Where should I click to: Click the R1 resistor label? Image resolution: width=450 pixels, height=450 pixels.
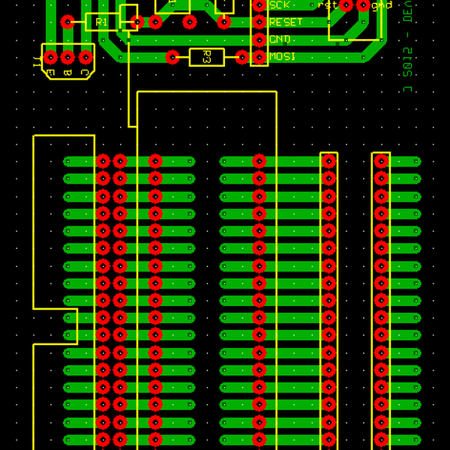pos(102,22)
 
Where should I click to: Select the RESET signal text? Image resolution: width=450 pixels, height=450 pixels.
pos(286,22)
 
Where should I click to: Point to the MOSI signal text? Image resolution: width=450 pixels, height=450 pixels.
pos(283,56)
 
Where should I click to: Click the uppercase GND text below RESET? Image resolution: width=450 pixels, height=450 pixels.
pos(280,39)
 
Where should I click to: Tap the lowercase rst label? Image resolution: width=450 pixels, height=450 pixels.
pos(328,4)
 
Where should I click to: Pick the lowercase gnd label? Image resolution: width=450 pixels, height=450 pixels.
pos(382,4)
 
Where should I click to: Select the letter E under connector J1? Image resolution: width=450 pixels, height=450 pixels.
pos(50,73)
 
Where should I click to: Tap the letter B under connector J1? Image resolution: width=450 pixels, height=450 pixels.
pos(67,73)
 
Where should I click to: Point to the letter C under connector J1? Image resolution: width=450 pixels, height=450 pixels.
pos(85,73)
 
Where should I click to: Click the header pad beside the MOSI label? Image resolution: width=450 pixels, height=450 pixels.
pos(259,57)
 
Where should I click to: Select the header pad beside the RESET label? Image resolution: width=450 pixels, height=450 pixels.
pos(259,22)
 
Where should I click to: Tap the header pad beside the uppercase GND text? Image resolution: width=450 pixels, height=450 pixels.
pos(259,39)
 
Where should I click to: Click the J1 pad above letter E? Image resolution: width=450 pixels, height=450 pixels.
pos(50,57)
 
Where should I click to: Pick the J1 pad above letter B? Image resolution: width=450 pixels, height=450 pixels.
pos(67,57)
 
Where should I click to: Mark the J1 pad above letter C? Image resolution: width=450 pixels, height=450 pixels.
pos(85,57)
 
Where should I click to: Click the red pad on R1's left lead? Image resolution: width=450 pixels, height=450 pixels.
pos(67,22)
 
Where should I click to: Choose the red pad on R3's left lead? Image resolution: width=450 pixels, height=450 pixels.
pos(172,57)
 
